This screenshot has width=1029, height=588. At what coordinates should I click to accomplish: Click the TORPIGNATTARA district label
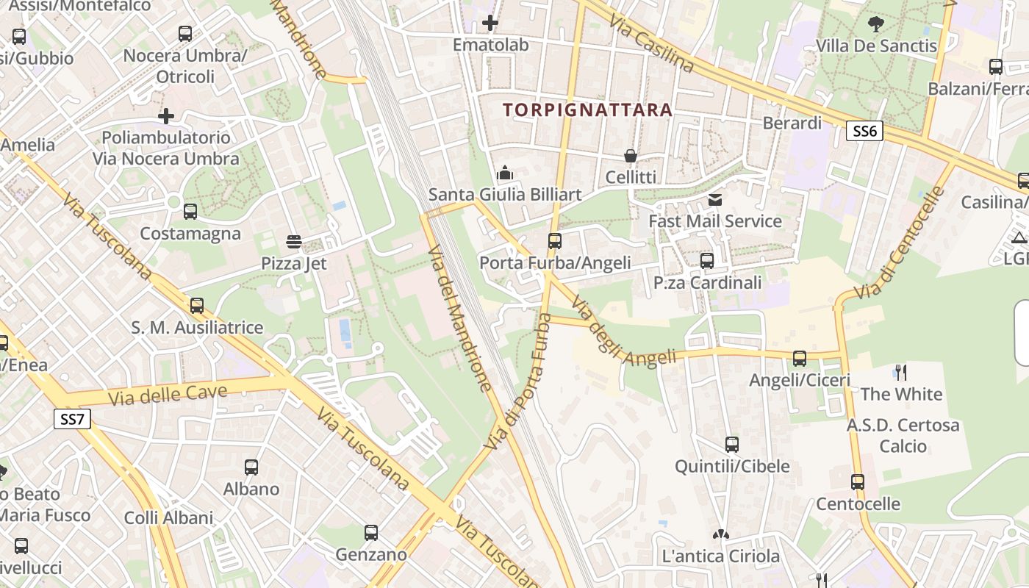click(587, 110)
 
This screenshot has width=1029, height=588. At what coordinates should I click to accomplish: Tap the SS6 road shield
click(864, 132)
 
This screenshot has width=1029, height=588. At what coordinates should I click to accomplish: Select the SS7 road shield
click(73, 420)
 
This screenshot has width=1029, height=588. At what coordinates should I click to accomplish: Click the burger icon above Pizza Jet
click(294, 242)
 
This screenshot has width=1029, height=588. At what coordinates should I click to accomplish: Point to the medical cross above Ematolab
click(490, 24)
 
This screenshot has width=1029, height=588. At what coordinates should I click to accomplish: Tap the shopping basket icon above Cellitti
click(631, 156)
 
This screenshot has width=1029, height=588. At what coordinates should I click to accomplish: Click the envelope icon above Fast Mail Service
click(715, 200)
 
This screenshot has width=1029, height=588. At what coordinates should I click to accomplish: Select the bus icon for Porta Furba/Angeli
click(555, 241)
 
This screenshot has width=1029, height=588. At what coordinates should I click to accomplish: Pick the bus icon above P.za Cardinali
click(707, 261)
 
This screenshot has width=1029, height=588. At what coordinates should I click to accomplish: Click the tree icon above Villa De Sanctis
click(876, 24)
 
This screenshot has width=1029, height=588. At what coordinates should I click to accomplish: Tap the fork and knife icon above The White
click(901, 373)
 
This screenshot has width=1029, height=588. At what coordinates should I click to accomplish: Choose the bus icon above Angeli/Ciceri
click(800, 359)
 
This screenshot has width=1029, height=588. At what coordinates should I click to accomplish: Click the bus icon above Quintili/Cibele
click(732, 445)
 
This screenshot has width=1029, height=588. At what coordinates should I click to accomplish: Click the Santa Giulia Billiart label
click(505, 195)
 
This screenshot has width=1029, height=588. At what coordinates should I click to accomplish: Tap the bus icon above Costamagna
click(190, 212)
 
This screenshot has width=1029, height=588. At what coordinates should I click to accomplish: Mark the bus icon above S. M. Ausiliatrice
click(197, 306)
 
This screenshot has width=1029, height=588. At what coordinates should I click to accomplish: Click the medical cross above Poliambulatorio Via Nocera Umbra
click(166, 116)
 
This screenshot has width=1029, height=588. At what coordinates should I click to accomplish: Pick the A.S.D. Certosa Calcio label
click(903, 435)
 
